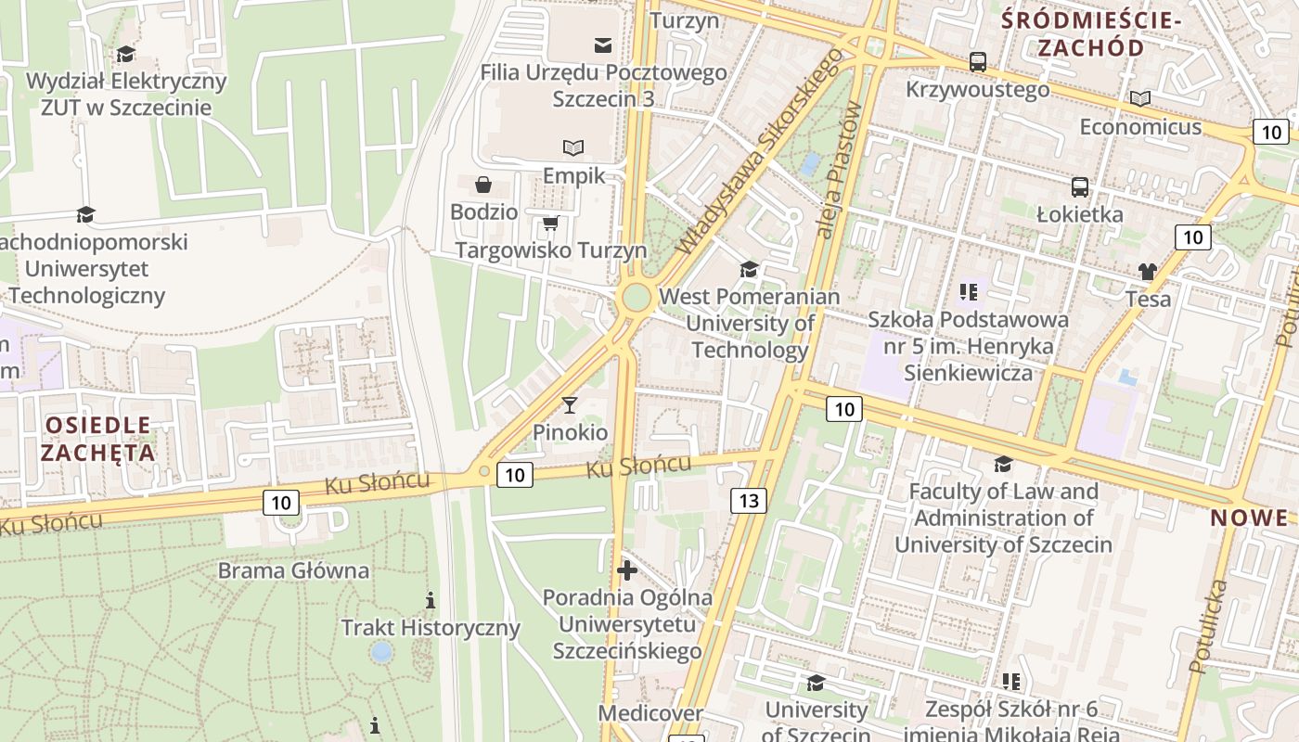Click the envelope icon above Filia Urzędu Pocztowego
[x=603, y=45]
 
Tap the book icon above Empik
[x=574, y=147]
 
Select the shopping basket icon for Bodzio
[x=483, y=185]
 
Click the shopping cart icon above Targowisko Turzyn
[x=550, y=223]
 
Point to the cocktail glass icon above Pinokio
[x=570, y=404]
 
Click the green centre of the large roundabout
[x=637, y=298]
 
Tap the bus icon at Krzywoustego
[x=978, y=62]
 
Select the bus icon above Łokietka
[x=1080, y=186]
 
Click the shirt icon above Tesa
[x=1148, y=272]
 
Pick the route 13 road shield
[x=749, y=501]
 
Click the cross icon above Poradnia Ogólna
[x=627, y=569]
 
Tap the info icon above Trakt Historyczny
[x=431, y=600]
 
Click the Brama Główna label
[x=293, y=570]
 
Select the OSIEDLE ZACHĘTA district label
[x=97, y=439]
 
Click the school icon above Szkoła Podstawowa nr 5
[x=969, y=292]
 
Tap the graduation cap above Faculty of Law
[x=1003, y=464]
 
